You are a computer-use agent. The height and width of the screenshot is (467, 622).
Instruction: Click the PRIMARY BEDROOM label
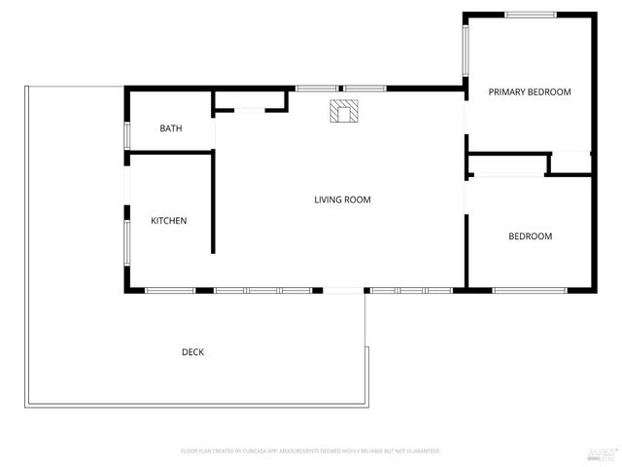(x=530, y=92)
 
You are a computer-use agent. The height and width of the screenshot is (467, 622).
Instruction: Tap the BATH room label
(x=171, y=128)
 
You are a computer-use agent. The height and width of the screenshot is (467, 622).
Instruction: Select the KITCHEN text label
(x=168, y=221)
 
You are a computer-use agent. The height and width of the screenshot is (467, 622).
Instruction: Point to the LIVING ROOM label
(x=342, y=200)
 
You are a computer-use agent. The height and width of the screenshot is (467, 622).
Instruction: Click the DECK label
(x=192, y=352)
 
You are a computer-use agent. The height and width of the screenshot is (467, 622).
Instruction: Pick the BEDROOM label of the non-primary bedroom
(x=531, y=236)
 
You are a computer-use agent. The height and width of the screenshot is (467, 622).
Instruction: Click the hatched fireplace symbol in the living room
(x=342, y=111)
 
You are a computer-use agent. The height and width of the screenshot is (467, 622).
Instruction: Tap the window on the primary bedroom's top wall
(x=531, y=15)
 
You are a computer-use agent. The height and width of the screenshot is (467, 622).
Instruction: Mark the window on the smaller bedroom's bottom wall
(x=530, y=290)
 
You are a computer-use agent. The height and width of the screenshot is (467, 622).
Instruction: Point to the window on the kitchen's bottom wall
(x=170, y=290)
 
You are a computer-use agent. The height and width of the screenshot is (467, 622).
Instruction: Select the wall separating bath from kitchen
(x=170, y=152)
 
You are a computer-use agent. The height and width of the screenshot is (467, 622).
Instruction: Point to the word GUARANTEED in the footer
(x=424, y=451)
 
